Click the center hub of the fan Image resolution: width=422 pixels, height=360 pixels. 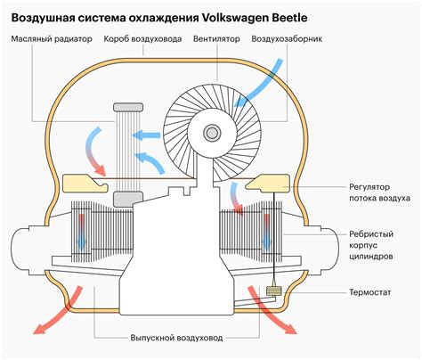coord(211,133)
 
